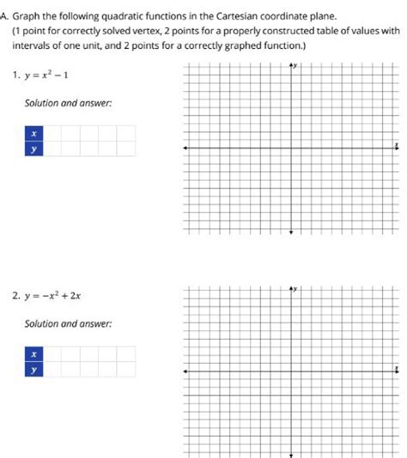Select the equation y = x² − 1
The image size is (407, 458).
49,74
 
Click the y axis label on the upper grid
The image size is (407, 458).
297,66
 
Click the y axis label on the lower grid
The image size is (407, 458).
297,289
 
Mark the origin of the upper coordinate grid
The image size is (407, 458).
291,148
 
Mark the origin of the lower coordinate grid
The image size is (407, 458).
291,371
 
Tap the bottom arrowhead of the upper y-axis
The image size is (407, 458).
291,231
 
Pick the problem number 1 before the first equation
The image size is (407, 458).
16,74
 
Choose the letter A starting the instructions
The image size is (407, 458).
4,15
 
